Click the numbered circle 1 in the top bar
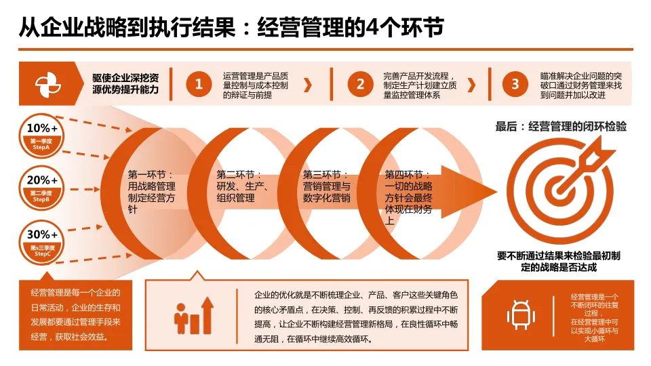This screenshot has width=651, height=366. (x=199, y=84)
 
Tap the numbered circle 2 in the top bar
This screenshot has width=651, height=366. (x=361, y=84)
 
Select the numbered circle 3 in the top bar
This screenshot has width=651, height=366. (x=515, y=84)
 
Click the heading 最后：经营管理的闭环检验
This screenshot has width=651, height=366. (x=561, y=126)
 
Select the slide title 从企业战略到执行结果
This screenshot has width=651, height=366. (x=231, y=27)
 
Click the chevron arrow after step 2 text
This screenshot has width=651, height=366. (x=472, y=85)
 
